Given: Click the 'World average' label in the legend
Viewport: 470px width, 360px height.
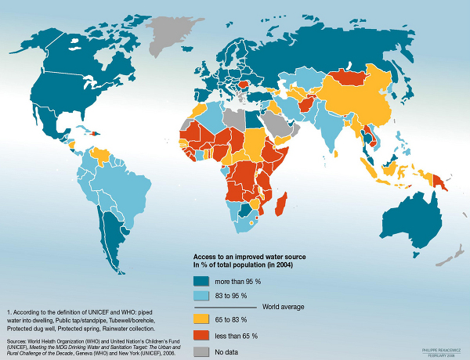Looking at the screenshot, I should pos(284,308).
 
